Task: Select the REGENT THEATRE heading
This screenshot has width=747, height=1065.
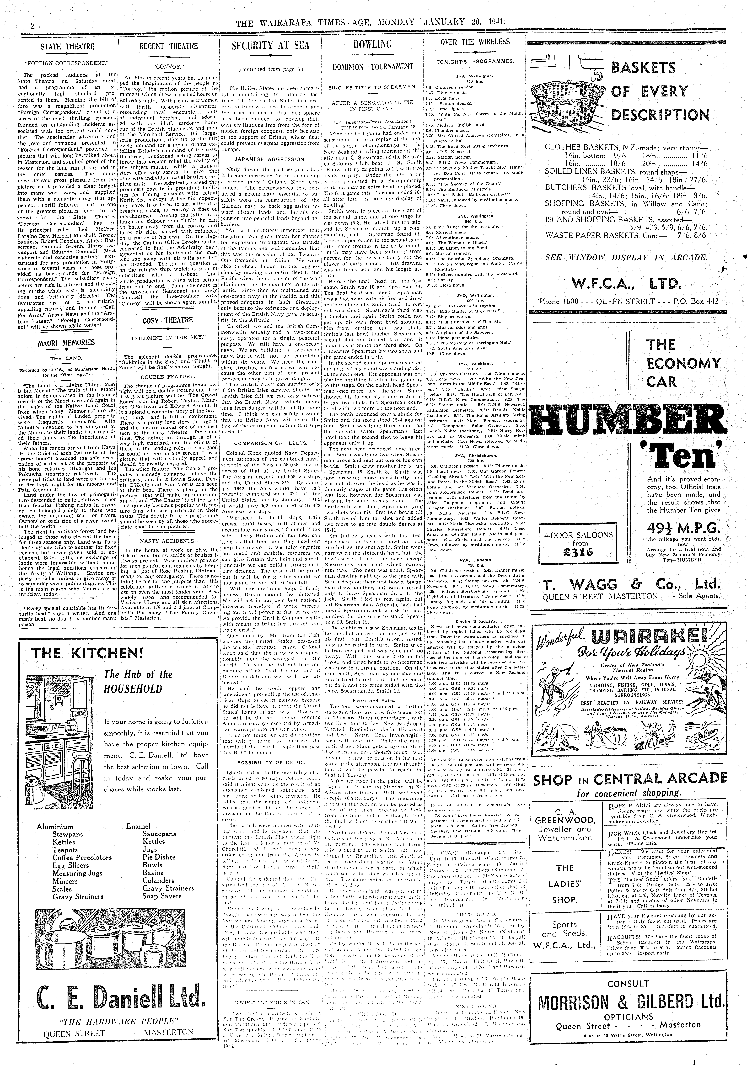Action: [168, 46]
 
